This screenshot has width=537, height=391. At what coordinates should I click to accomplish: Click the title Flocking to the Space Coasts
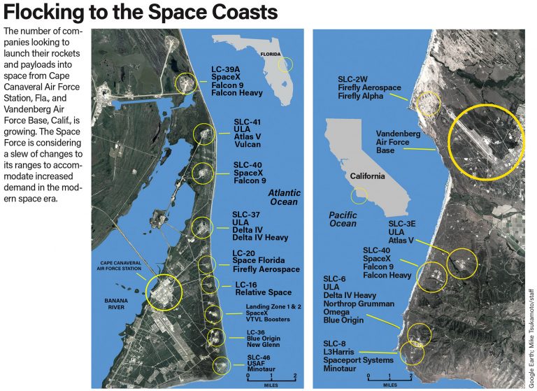pyautogui.click(x=141, y=13)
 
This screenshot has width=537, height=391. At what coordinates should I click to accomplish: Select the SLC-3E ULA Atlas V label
pyautogui.click(x=405, y=232)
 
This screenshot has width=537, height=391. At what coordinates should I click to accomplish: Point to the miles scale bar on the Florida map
pyautogui.click(x=271, y=377)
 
